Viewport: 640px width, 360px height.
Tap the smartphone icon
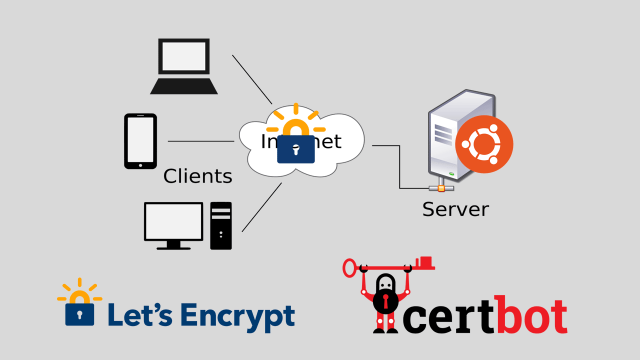[140, 141]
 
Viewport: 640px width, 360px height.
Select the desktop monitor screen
[173, 221]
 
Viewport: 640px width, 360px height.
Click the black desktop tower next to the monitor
[221, 225]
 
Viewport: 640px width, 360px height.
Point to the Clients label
[198, 176]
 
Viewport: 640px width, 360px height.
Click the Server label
[455, 209]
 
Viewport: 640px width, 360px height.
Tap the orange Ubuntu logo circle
[484, 144]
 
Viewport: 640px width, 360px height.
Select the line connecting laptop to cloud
[252, 78]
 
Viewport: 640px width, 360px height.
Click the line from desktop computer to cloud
[261, 207]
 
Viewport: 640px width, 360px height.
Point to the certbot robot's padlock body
[385, 300]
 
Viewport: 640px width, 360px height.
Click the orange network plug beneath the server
[440, 188]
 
